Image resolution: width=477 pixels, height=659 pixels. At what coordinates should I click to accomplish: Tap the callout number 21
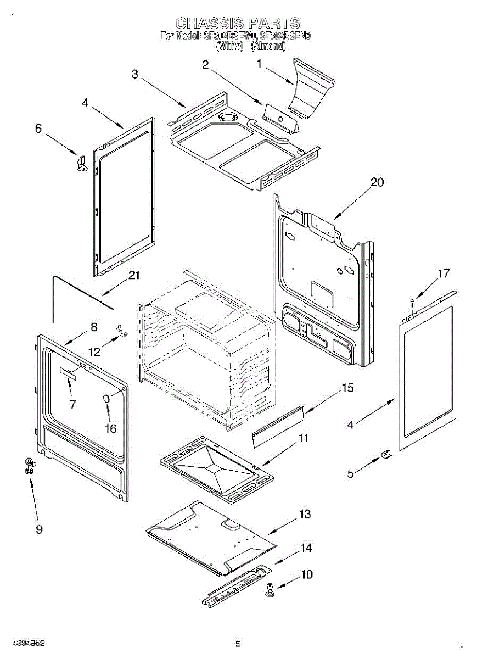(134, 276)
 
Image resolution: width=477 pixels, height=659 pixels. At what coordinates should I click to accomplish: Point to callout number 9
(39, 529)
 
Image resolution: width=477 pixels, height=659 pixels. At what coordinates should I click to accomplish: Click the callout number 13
(305, 515)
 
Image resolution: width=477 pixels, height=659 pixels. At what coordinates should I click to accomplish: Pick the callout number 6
(38, 129)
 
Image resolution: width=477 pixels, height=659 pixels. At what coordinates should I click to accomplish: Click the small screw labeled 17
(412, 301)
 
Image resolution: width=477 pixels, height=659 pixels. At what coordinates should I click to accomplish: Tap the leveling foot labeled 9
(29, 466)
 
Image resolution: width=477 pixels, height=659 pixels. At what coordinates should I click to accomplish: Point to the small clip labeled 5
(386, 455)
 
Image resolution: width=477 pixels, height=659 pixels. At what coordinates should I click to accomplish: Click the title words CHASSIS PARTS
(238, 23)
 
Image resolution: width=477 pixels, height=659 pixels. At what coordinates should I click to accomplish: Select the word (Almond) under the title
(268, 47)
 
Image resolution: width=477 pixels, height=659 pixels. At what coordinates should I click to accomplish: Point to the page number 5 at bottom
(238, 644)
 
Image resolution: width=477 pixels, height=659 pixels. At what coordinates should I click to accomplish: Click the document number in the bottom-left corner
(28, 643)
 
